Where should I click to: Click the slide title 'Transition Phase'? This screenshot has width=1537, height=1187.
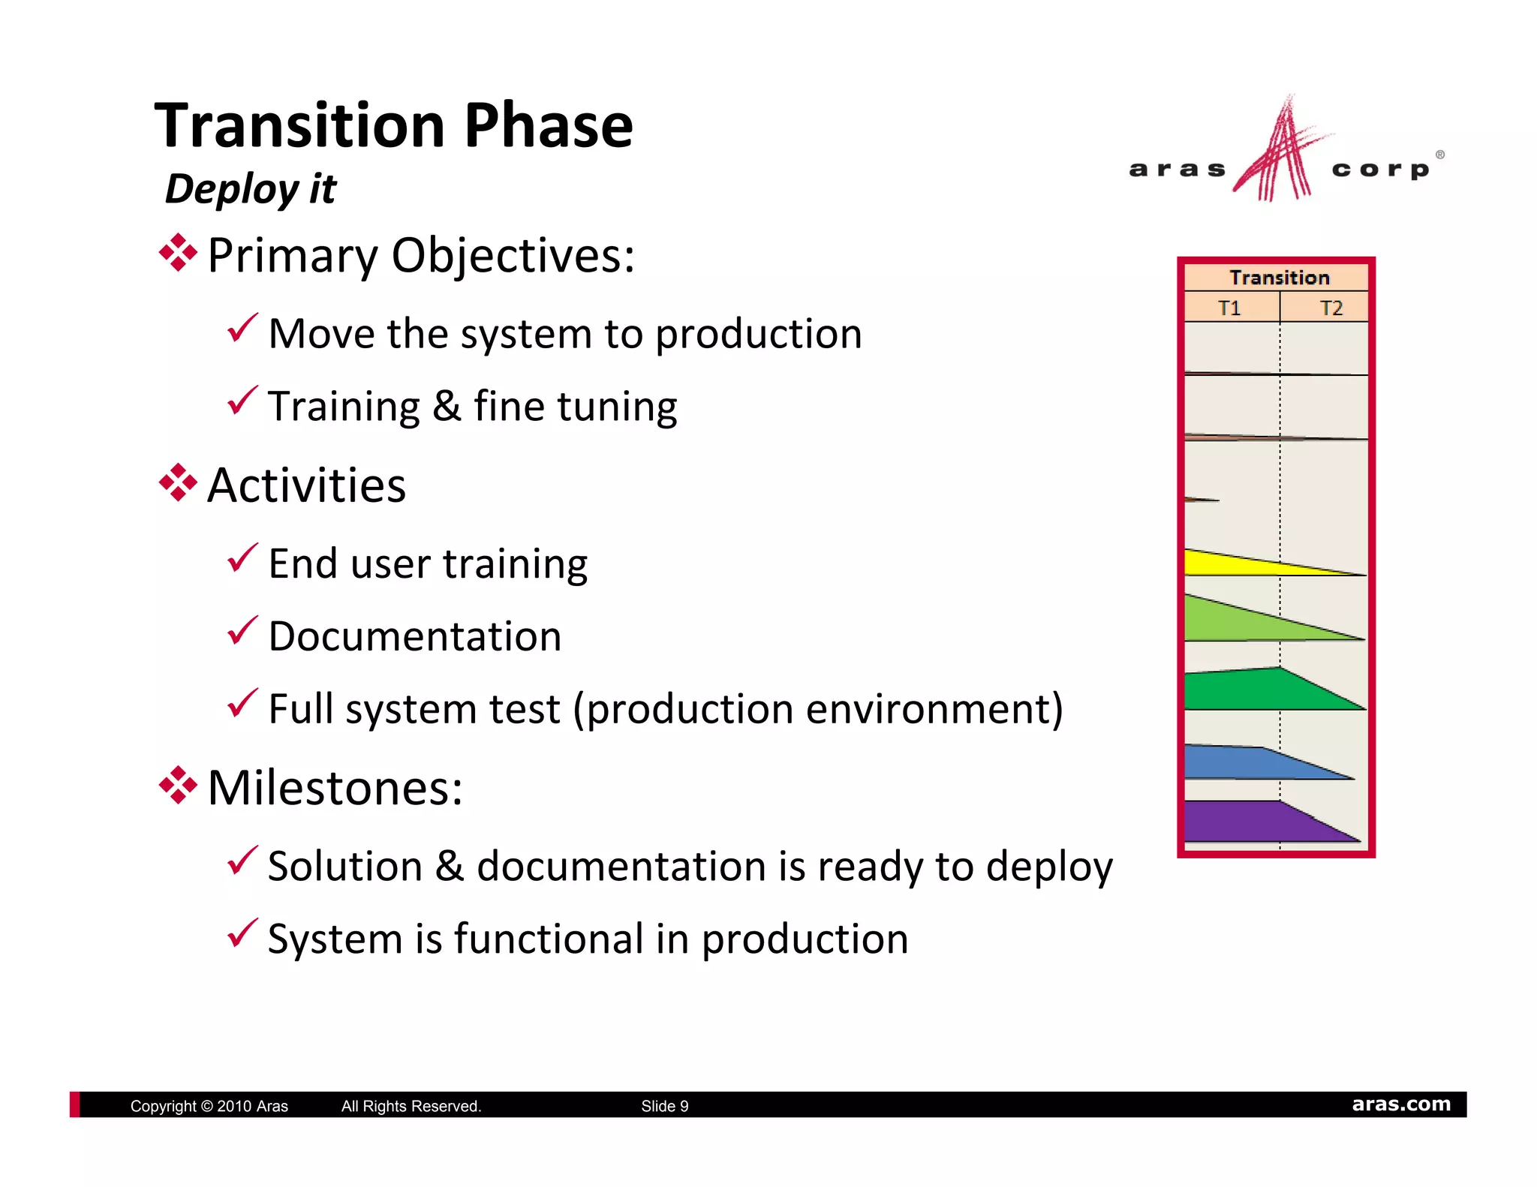tap(393, 125)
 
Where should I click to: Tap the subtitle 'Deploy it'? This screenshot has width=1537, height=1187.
tap(250, 188)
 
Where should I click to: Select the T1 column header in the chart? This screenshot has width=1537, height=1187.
tap(1229, 308)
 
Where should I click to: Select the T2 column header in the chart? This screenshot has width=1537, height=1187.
tap(1331, 308)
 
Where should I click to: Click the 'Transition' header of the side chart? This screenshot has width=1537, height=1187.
tap(1279, 278)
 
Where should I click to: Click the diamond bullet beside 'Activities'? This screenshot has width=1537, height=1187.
tap(178, 482)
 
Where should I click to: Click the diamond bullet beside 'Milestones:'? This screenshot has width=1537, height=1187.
tap(178, 785)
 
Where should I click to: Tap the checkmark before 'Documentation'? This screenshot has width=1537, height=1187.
tap(242, 631)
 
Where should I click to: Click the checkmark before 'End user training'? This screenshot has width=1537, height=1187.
tap(242, 558)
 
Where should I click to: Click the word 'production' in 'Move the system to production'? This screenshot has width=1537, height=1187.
tap(758, 335)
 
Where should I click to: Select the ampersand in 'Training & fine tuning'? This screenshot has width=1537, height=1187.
tap(447, 406)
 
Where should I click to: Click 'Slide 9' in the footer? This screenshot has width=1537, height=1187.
tap(664, 1106)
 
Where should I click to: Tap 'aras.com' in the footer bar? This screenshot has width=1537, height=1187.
tap(1400, 1104)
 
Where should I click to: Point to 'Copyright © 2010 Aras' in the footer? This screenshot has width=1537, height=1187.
tap(209, 1106)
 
